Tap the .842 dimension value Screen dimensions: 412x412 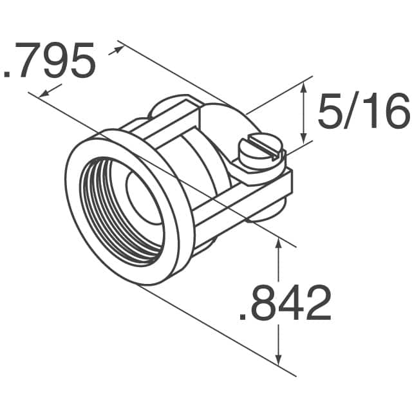coord(285,304)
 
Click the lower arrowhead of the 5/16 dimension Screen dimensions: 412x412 coord(304,138)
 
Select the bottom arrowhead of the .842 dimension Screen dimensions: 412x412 coord(278,362)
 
